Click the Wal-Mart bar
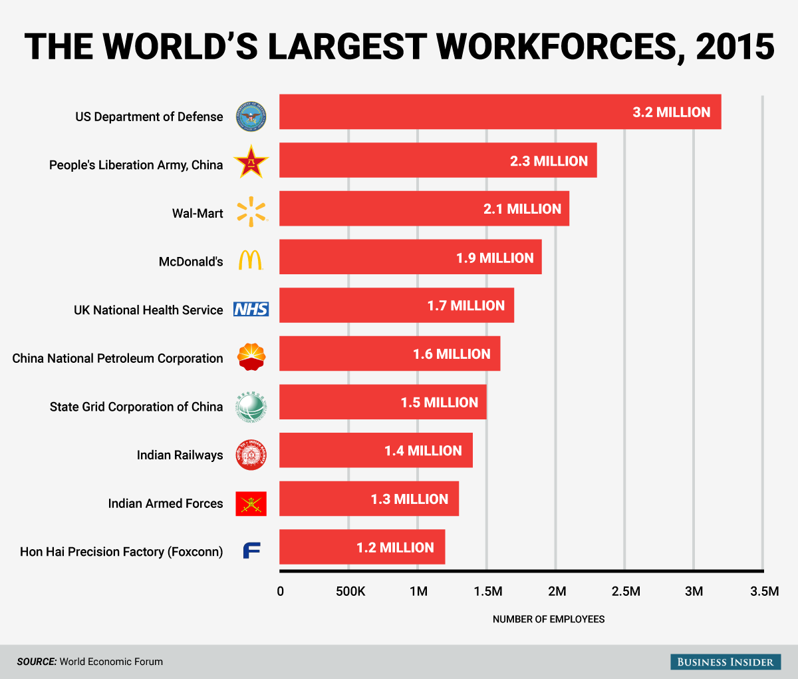tap(424, 209)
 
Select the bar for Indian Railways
tap(376, 451)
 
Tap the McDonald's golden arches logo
tap(251, 260)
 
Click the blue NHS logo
tap(251, 309)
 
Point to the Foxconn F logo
tap(251, 551)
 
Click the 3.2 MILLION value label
tap(671, 113)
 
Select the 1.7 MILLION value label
tap(465, 306)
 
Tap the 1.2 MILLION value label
tap(395, 548)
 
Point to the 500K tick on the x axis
tap(350, 591)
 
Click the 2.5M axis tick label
tap(625, 591)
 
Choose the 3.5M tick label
tap(764, 591)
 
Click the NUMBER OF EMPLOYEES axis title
tap(549, 619)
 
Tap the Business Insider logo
tap(725, 662)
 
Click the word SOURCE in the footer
tap(37, 662)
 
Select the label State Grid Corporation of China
tap(136, 407)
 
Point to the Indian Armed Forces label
tap(166, 503)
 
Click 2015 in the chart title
tap(735, 47)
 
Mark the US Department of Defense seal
tap(251, 116)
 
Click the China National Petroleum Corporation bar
tap(389, 354)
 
